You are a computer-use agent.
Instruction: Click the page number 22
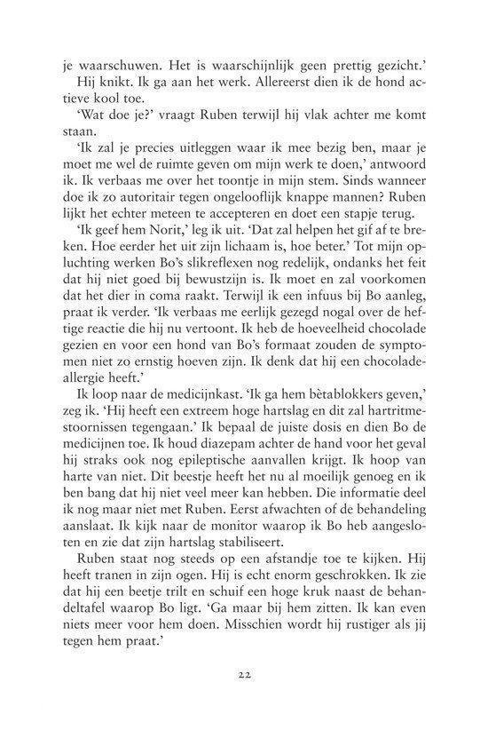[x=243, y=673]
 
